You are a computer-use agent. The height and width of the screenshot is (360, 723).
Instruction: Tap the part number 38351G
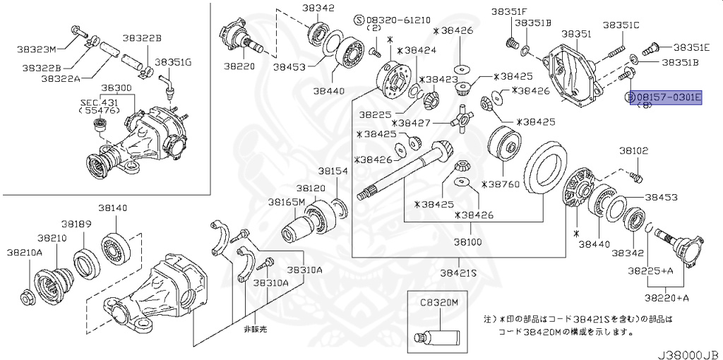click(x=174, y=62)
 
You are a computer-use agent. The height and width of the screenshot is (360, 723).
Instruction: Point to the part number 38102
click(x=633, y=150)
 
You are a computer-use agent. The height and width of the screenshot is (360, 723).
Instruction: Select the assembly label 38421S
click(x=459, y=272)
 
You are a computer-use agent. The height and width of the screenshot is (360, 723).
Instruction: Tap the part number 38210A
click(x=25, y=251)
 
